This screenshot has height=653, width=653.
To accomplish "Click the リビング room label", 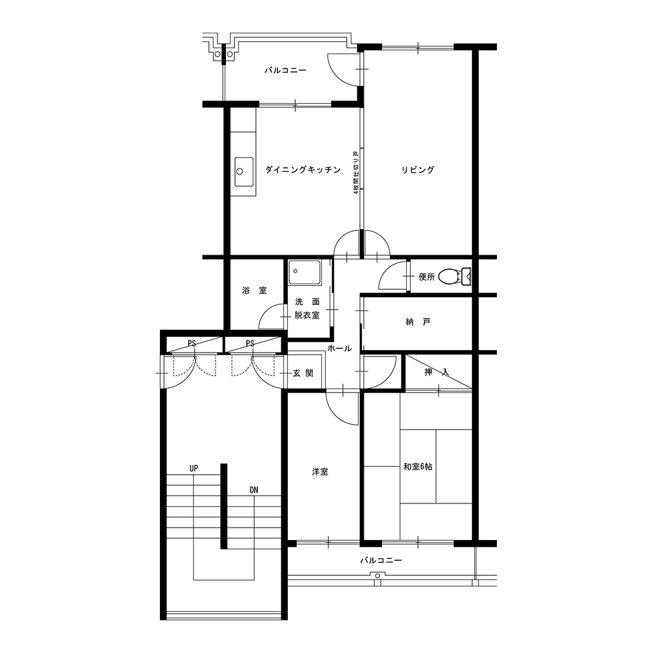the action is point(418,170).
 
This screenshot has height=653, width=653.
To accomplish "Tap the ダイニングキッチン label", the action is point(303,170).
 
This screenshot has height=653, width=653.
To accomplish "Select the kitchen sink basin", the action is point(244,172).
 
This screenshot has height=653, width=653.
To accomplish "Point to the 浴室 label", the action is point(254,291).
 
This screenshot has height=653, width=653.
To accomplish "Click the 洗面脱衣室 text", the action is point(308,309).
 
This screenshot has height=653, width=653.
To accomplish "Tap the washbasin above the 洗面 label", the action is point(305,273).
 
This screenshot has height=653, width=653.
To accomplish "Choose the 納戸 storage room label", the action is point(418,322).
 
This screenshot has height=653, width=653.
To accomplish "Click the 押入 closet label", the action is point(436,372).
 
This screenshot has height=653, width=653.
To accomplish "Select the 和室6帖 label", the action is point(418,467).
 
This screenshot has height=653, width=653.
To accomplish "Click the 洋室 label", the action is point(320,472).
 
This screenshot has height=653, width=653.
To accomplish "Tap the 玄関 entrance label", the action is point(303,373).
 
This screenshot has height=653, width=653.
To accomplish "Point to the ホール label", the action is point(340,349).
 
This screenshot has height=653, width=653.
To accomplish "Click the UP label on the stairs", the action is point(194,468).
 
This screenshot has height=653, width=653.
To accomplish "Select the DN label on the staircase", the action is point(253,490).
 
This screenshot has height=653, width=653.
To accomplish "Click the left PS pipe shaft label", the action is point(191,343).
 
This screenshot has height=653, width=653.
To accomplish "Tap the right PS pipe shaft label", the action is point(250,343).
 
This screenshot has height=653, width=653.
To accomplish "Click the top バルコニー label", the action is point(286,70).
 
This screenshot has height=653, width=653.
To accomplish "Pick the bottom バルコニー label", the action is point(381,560).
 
